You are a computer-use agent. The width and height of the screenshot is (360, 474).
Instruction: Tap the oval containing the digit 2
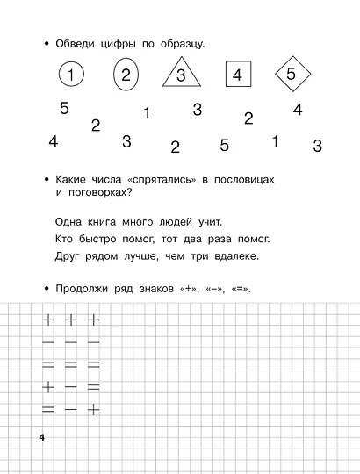126,75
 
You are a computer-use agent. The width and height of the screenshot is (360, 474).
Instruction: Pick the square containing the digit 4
236,75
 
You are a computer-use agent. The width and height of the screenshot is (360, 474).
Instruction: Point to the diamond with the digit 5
292,75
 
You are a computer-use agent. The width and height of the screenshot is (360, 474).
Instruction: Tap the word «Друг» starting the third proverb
68,256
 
